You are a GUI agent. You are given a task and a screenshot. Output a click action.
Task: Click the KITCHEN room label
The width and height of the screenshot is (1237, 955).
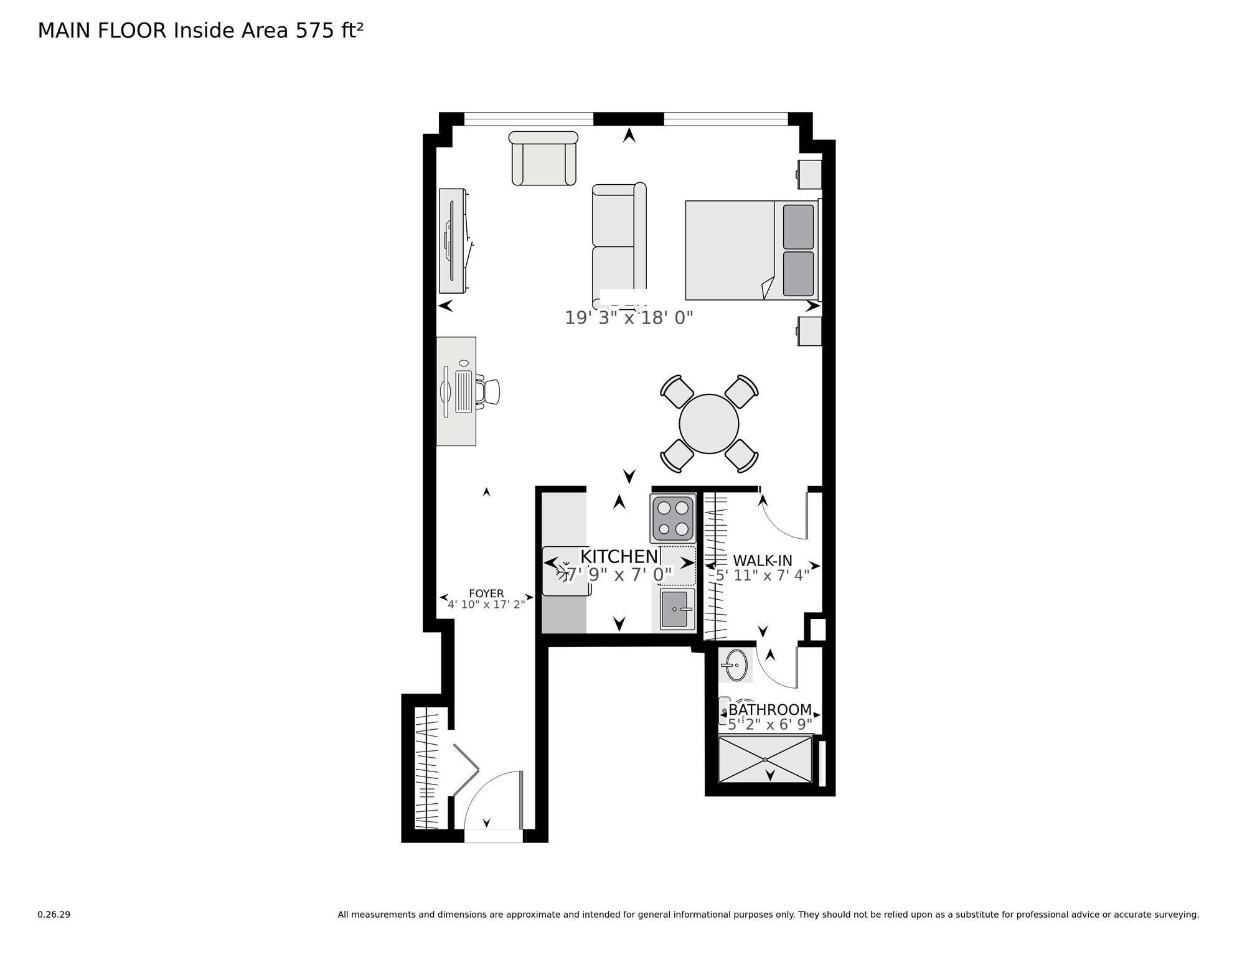point(619,556)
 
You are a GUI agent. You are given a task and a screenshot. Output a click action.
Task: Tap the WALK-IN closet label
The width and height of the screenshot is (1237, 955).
point(763,561)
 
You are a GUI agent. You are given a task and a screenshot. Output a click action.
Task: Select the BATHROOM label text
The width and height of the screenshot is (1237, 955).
point(770,710)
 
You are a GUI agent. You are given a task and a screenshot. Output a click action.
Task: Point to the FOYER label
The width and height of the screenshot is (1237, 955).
point(486,594)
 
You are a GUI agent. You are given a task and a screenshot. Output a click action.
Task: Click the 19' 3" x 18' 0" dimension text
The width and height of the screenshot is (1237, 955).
point(629,318)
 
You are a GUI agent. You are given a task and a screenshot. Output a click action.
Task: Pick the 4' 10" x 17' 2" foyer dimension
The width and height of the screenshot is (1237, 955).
point(486,603)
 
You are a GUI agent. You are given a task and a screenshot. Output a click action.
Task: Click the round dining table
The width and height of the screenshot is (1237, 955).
point(709,424)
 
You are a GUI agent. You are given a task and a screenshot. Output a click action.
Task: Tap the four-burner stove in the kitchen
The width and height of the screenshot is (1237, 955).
point(673,519)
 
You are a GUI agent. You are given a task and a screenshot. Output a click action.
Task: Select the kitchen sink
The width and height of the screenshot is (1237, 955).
point(677,609)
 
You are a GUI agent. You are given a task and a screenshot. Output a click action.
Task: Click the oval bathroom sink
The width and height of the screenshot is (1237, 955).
point(735,665)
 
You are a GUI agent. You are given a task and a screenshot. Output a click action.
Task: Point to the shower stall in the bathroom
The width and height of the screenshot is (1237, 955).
point(766,760)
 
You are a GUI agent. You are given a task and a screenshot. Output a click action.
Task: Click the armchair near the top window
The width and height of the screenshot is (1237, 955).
point(543,158)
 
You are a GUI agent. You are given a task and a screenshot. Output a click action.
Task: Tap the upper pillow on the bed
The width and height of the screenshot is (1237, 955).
point(798,226)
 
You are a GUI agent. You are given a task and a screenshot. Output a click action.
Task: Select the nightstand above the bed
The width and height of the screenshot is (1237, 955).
point(809,174)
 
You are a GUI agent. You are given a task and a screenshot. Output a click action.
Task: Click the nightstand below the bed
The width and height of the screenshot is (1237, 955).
point(809,331)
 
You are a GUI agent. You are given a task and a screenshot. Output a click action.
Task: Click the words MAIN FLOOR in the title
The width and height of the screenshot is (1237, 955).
point(102,30)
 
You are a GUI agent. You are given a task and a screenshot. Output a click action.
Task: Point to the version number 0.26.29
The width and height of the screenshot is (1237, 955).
point(54,915)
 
